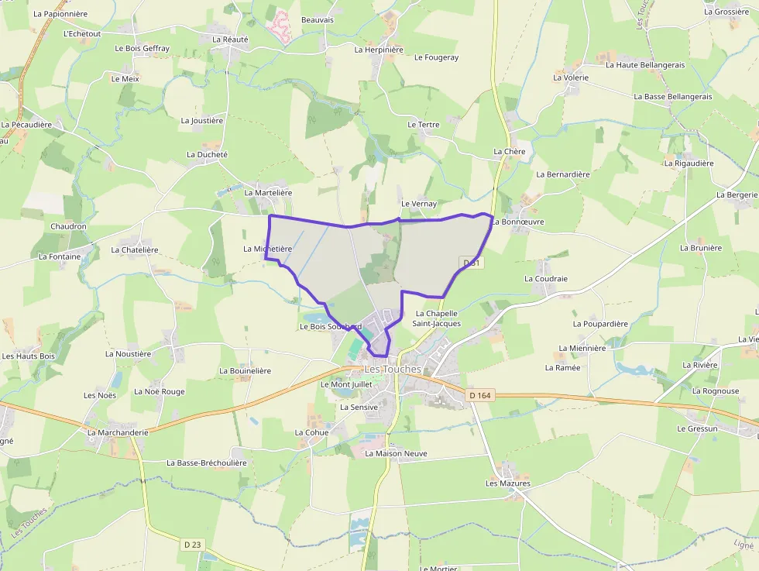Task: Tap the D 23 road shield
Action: click(x=193, y=545)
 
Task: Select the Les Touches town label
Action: click(x=393, y=369)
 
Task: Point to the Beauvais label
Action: click(x=318, y=19)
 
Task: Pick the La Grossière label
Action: click(x=726, y=12)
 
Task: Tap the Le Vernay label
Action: click(x=419, y=204)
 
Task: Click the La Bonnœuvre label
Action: click(x=518, y=222)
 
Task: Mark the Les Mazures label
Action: click(x=508, y=483)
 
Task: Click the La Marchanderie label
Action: click(x=118, y=432)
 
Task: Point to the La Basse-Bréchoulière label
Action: click(x=207, y=463)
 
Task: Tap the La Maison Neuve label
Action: click(x=396, y=453)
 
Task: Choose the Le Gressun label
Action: click(x=697, y=428)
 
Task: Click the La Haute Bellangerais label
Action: click(x=645, y=65)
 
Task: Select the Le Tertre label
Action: click(x=424, y=125)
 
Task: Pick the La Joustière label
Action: click(x=202, y=121)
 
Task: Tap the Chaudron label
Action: click(x=68, y=226)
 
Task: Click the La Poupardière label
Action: click(x=600, y=324)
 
